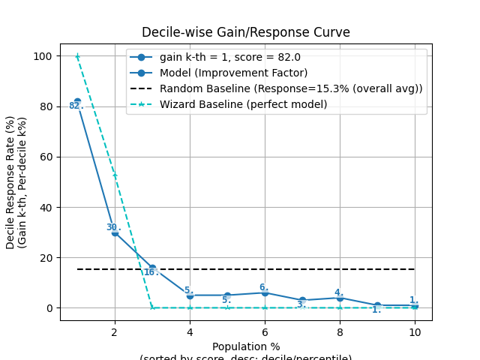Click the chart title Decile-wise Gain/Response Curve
[x=246, y=32]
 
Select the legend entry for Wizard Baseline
[x=243, y=104]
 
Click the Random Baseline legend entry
[x=291, y=88]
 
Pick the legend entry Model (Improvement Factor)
[x=233, y=73]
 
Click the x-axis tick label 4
[x=190, y=331]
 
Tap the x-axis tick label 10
[x=415, y=331]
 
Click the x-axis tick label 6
[x=265, y=331]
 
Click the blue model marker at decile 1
[x=77, y=101]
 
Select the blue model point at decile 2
[x=115, y=232]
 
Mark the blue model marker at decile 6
[x=265, y=292]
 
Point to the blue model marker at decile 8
[x=340, y=298]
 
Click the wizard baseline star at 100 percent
[x=77, y=56]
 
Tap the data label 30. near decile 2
[x=112, y=227]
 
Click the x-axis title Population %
[x=246, y=346]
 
